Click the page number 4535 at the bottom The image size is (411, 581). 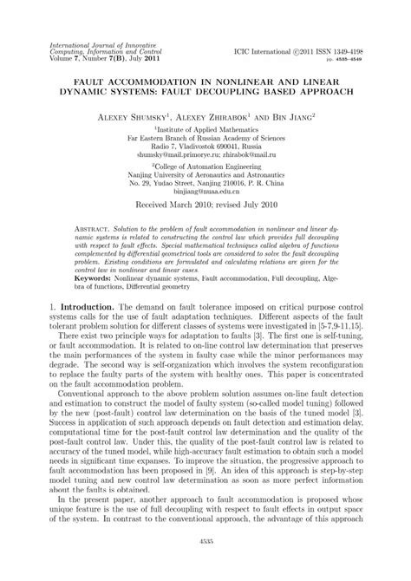[x=205, y=561]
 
